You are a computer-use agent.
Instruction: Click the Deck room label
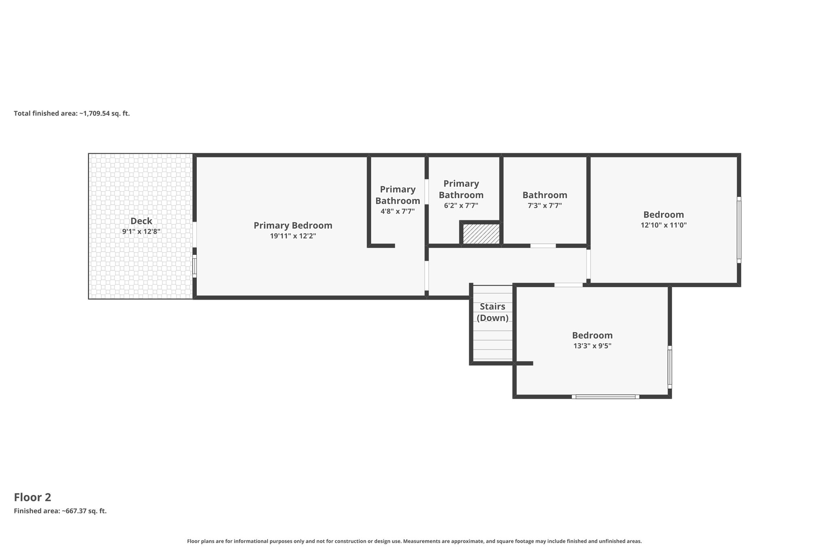pos(141,221)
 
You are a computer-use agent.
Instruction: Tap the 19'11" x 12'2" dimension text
pos(293,236)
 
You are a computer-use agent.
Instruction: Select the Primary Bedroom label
pos(293,226)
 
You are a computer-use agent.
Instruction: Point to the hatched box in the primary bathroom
pos(481,234)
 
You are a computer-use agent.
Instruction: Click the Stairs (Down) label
pos(493,312)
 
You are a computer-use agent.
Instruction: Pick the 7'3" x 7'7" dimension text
pos(545,205)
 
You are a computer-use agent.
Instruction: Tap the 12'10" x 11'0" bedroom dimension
pos(664,225)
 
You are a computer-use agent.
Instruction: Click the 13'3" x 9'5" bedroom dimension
pos(592,346)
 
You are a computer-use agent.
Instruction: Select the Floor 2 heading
pos(32,497)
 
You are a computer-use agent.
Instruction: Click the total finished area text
pos(72,114)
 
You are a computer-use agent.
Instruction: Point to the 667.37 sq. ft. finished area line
pos(60,511)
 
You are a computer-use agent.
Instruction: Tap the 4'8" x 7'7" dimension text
pos(398,211)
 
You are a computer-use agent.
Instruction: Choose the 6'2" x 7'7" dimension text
pos(461,205)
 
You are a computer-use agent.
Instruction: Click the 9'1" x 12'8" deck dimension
pos(141,232)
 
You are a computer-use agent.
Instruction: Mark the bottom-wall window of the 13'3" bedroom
pos(606,397)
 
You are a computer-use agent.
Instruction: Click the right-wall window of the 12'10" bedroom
pos(739,230)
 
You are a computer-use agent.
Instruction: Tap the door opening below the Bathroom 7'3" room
pos(543,245)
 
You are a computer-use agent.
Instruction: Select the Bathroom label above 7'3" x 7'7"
pos(545,195)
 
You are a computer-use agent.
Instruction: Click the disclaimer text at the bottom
pos(414,541)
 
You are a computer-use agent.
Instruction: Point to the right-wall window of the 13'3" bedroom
pos(670,367)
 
